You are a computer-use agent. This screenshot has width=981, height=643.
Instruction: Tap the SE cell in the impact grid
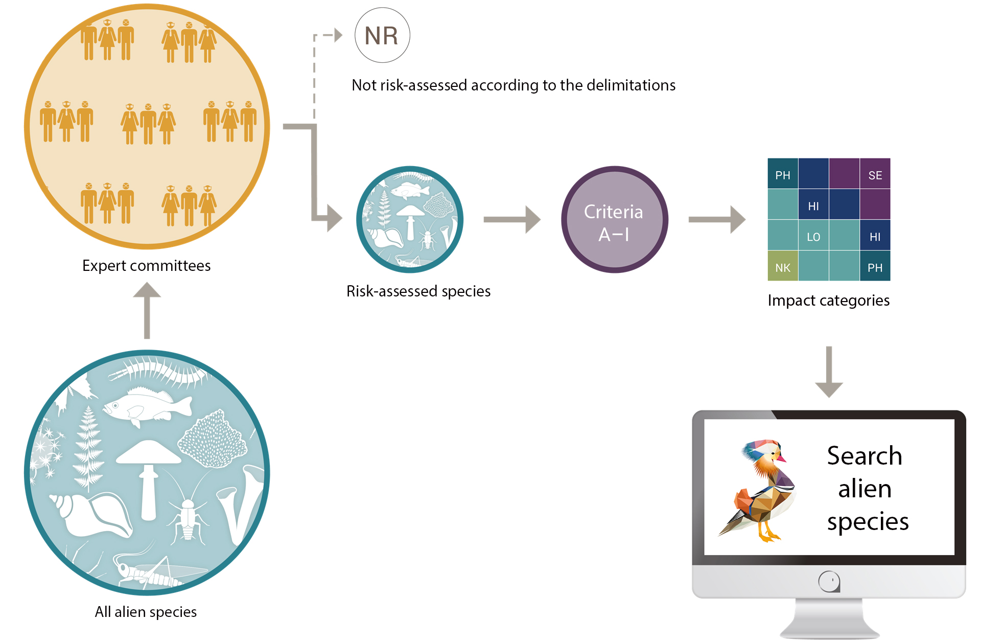pyautogui.click(x=875, y=174)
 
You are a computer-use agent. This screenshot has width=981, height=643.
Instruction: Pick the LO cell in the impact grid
pyautogui.click(x=813, y=235)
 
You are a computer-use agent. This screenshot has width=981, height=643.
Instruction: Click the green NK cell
pyautogui.click(x=783, y=266)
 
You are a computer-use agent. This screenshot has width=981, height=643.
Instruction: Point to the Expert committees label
pyautogui.click(x=146, y=266)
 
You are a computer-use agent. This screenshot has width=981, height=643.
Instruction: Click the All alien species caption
pyautogui.click(x=146, y=612)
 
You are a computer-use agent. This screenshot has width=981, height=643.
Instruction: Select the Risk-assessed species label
pyautogui.click(x=418, y=291)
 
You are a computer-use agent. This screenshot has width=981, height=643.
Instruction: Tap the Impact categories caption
pyautogui.click(x=829, y=301)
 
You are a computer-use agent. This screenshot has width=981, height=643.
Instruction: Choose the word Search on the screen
pyautogui.click(x=865, y=455)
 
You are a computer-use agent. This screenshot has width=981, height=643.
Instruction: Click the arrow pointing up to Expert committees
pyautogui.click(x=147, y=310)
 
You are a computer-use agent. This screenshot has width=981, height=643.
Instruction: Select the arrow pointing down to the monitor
pyautogui.click(x=829, y=372)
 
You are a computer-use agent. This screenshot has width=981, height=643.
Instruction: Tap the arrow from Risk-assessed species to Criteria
pyautogui.click(x=512, y=219)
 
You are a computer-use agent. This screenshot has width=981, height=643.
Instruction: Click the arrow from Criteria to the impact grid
pyautogui.click(x=717, y=219)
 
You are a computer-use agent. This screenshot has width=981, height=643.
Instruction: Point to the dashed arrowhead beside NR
pyautogui.click(x=338, y=35)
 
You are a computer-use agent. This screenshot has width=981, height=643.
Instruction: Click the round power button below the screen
pyautogui.click(x=829, y=581)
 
